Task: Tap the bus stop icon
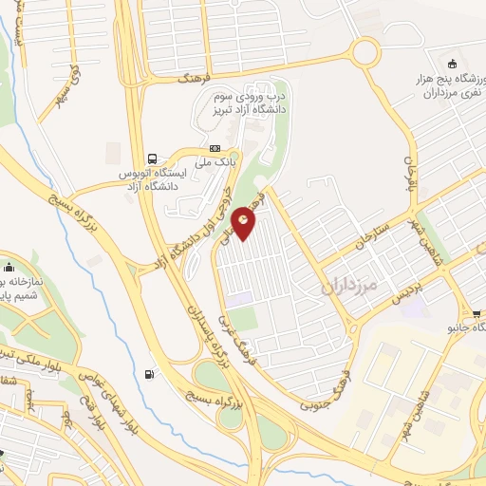pyautogui.click(x=152, y=158)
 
